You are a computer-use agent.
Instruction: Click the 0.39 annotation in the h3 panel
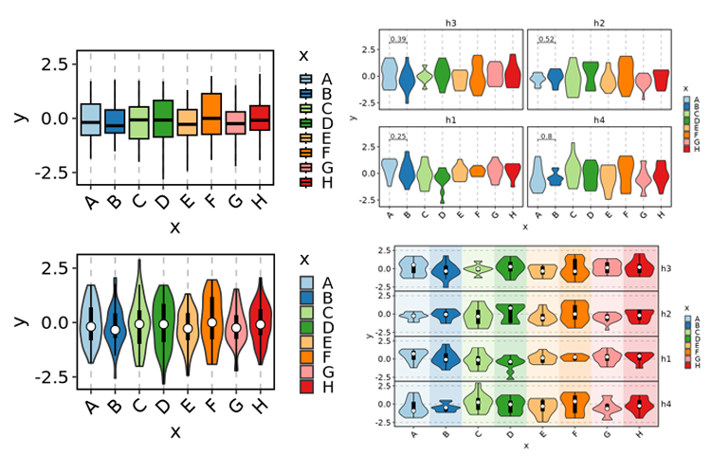tap(398, 39)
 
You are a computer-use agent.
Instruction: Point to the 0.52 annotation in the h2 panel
tap(546, 39)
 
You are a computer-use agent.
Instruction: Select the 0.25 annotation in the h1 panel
tap(398, 137)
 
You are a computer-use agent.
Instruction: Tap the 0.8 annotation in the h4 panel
tap(546, 137)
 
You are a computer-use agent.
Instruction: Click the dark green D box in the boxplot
tap(163, 118)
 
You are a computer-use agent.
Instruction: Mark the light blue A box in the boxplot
tap(91, 119)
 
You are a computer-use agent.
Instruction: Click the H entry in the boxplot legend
tap(327, 183)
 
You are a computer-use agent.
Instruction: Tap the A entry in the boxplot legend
tap(327, 80)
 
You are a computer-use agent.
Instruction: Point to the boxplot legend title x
tap(302, 55)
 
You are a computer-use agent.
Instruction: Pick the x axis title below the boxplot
tap(175, 228)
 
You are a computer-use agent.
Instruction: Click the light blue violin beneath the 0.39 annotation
tap(389, 74)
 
